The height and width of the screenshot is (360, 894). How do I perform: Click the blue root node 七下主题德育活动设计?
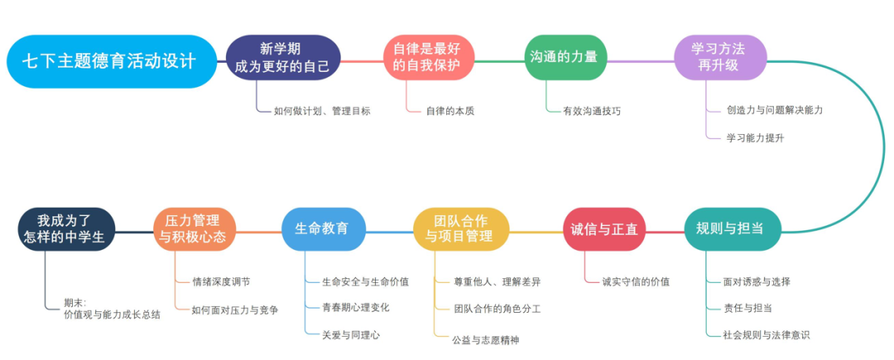click(108, 61)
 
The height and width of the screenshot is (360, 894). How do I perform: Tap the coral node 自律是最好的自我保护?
click(428, 58)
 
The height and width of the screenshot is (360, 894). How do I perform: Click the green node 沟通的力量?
click(568, 58)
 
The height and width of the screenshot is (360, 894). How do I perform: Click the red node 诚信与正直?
click(604, 229)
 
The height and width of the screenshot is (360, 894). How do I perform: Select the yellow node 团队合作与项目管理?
click(461, 229)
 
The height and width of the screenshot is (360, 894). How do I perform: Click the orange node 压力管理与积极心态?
click(195, 229)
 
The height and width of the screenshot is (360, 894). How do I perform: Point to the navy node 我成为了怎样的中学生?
click(66, 229)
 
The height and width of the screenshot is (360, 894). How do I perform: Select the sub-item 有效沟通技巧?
click(592, 110)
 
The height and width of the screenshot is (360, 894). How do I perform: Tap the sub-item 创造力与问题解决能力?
click(774, 109)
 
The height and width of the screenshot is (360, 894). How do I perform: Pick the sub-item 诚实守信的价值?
click(636, 281)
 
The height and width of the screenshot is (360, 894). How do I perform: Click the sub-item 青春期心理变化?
click(356, 307)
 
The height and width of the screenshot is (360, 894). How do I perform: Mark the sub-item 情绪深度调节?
click(220, 281)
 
